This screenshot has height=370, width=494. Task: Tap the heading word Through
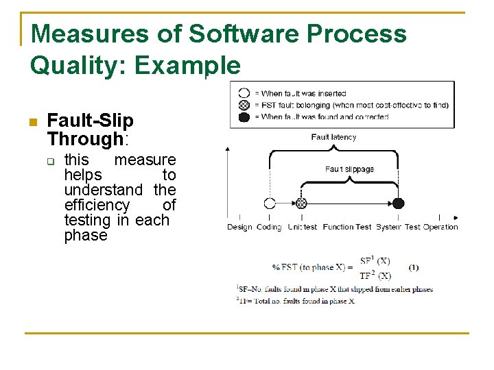pyautogui.click(x=84, y=139)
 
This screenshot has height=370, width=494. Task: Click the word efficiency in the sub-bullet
pyautogui.click(x=97, y=205)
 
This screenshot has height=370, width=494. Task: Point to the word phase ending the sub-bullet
pyautogui.click(x=86, y=235)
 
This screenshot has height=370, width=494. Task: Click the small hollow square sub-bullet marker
pyautogui.click(x=50, y=162)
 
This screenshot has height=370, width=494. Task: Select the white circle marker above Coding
pyautogui.click(x=270, y=203)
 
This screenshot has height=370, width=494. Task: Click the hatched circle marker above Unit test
pyautogui.click(x=301, y=203)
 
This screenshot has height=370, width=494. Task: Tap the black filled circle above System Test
pyautogui.click(x=398, y=203)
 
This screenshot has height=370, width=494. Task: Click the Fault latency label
pyautogui.click(x=333, y=137)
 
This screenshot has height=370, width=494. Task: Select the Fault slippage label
pyautogui.click(x=349, y=169)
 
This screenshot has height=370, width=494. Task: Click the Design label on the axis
pyautogui.click(x=239, y=227)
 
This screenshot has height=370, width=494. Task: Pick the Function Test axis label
pyautogui.click(x=347, y=227)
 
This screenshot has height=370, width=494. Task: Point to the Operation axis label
pyautogui.click(x=440, y=227)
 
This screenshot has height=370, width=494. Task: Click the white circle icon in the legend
pyautogui.click(x=244, y=93)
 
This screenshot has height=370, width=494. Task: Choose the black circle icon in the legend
pyautogui.click(x=244, y=116)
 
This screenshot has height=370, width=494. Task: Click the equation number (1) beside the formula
pyautogui.click(x=413, y=267)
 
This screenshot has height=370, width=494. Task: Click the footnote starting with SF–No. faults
pyautogui.click(x=335, y=289)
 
